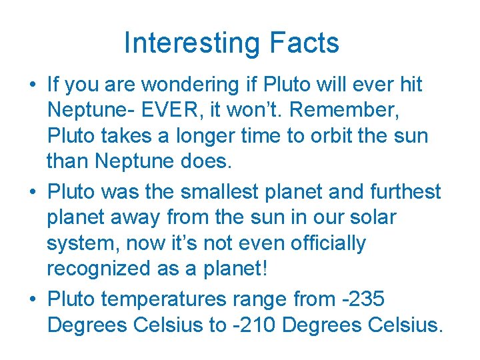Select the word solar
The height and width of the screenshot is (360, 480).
371,217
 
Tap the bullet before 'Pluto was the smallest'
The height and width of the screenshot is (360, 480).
32,192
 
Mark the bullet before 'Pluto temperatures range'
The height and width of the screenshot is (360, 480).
32,300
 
